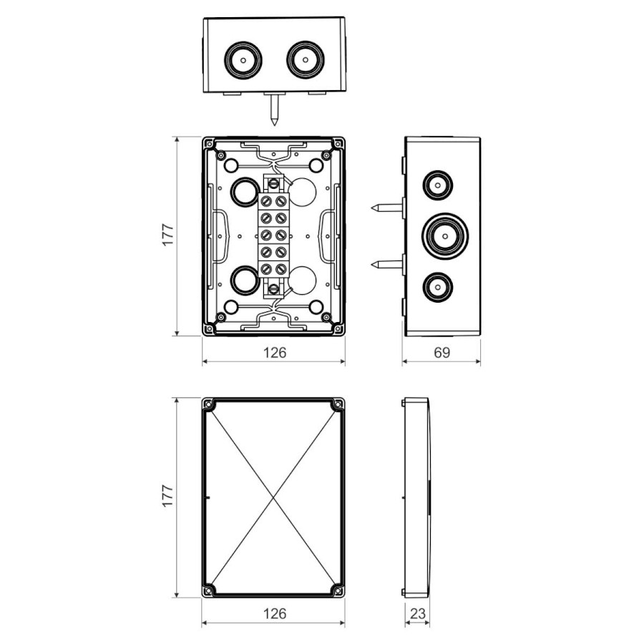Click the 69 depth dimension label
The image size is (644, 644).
pyautogui.click(x=441, y=352)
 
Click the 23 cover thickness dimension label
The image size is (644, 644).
pyautogui.click(x=418, y=614)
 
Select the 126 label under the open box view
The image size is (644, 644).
pyautogui.click(x=274, y=352)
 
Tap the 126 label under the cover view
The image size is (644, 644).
pyautogui.click(x=274, y=614)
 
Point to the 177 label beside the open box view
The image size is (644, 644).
pyautogui.click(x=168, y=235)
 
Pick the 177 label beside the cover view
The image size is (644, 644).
pyautogui.click(x=168, y=496)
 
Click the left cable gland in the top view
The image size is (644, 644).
pyautogui.click(x=243, y=60)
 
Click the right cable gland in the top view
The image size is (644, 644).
pyautogui.click(x=305, y=60)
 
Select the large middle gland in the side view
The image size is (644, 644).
pyautogui.click(x=445, y=236)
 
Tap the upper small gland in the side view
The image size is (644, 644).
pyautogui.click(x=437, y=185)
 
